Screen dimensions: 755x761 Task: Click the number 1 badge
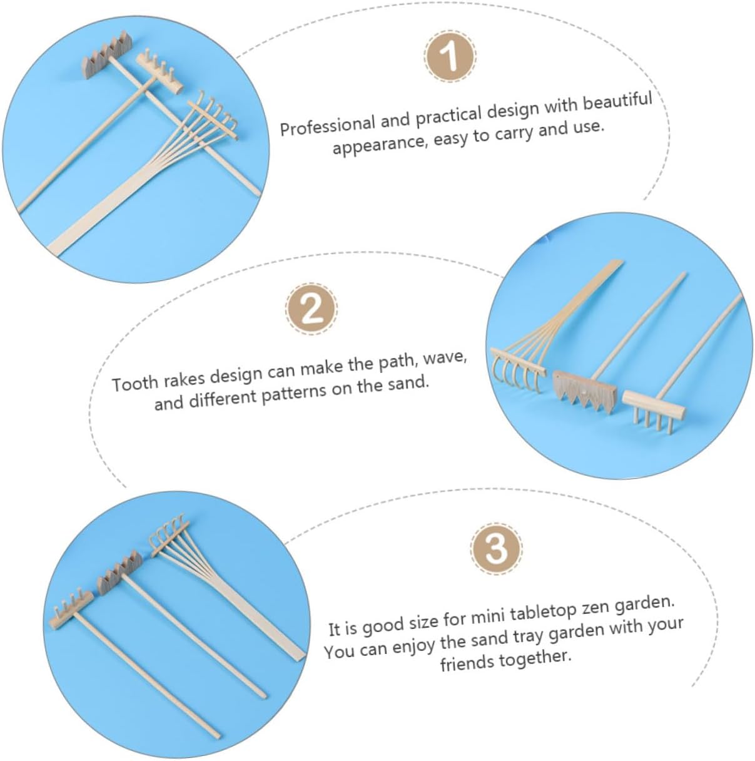pyautogui.click(x=450, y=56)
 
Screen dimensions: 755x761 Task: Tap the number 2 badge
pyautogui.click(x=312, y=309)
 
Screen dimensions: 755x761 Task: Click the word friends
pyautogui.click(x=467, y=663)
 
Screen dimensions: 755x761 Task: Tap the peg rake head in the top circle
pyautogui.click(x=160, y=72)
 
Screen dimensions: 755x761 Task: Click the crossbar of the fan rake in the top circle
pyautogui.click(x=213, y=120)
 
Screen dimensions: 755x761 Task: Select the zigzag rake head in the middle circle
pyautogui.click(x=584, y=392)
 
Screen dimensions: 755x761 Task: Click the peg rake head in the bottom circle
pyautogui.click(x=72, y=611)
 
